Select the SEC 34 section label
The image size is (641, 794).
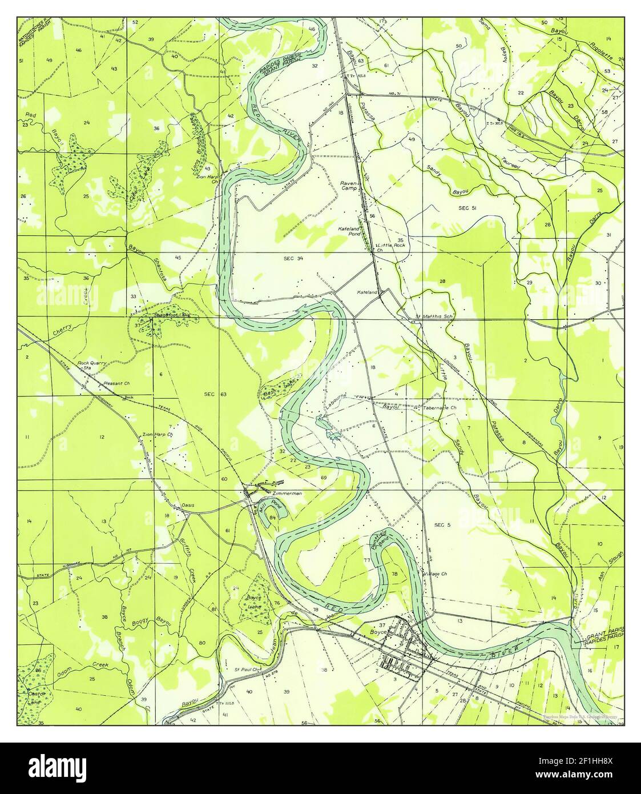point(293,259)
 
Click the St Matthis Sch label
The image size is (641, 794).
point(433,316)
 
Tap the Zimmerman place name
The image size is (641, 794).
point(287,492)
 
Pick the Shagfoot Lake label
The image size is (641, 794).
point(163,315)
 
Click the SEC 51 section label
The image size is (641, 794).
point(467,209)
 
